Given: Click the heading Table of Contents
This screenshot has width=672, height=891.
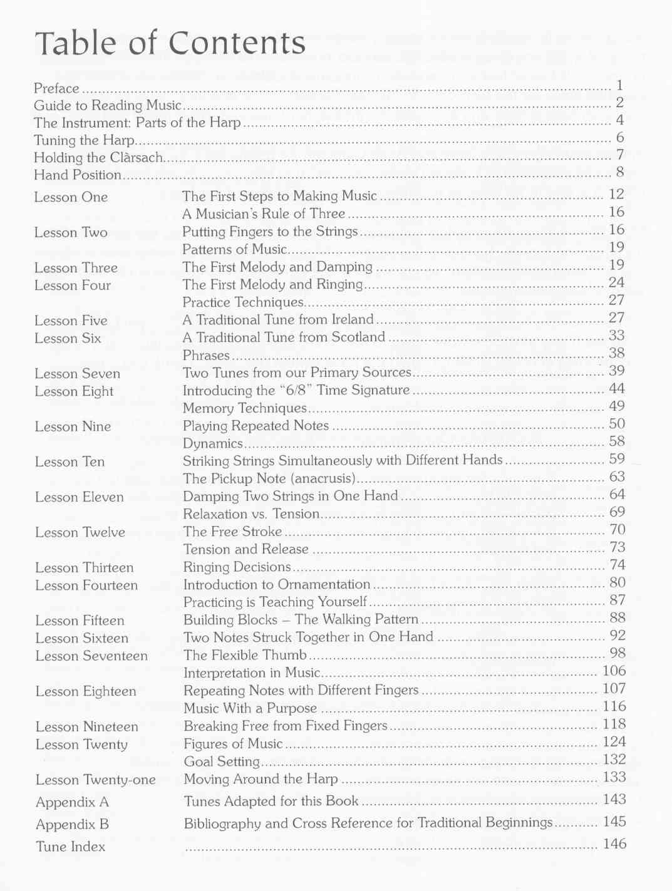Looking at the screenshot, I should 170,44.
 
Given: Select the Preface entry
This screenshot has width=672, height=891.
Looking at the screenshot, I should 56,88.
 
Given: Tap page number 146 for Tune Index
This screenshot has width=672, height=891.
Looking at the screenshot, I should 614,844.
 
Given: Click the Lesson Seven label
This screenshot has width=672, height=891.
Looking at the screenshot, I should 77,374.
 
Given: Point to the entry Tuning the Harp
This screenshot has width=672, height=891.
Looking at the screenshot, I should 84,140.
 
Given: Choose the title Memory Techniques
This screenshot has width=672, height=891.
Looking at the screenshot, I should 244,408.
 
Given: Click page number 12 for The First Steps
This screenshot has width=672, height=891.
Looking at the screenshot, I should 616,195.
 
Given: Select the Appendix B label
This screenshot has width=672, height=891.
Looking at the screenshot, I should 72,825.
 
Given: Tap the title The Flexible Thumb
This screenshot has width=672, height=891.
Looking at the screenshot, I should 245,656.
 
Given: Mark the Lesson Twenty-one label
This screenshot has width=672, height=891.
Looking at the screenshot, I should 95,780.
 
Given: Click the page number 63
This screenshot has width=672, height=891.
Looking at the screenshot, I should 617,477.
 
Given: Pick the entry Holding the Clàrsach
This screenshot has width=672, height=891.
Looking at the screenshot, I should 98,158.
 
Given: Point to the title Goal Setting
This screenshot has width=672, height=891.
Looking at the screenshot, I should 222,761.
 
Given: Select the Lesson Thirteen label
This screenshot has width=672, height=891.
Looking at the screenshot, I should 84,568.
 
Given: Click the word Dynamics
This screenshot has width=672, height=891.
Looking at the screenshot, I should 212,444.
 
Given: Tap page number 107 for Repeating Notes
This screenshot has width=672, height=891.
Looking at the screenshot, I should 614,689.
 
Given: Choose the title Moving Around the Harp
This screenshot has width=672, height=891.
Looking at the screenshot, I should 261,780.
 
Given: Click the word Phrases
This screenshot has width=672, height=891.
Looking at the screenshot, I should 206,356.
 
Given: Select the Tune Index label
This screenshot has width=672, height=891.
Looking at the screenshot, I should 70,847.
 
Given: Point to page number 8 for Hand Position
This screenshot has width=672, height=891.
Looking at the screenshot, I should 620,172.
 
